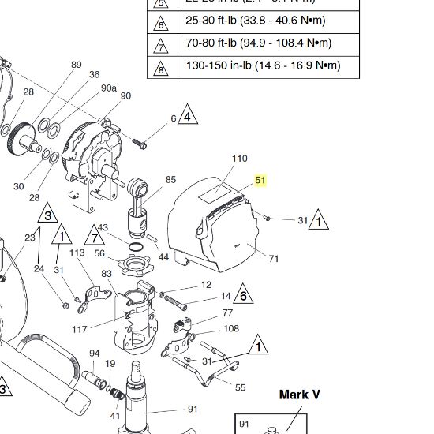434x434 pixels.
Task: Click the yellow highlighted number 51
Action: [x=260, y=181]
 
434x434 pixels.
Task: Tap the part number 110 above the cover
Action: [x=239, y=159]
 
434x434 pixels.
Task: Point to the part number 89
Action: [x=77, y=65]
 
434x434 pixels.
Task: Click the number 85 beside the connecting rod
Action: [x=170, y=181]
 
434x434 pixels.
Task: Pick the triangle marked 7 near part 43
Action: [x=95, y=235]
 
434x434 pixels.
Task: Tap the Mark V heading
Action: [x=300, y=394]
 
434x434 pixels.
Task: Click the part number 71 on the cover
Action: [x=274, y=259]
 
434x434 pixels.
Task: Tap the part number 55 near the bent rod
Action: [x=241, y=387]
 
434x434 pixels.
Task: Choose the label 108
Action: [x=231, y=328]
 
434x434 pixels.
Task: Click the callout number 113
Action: [x=77, y=253]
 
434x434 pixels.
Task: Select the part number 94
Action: [x=94, y=353]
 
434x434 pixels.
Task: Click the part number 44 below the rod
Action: [x=163, y=256]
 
